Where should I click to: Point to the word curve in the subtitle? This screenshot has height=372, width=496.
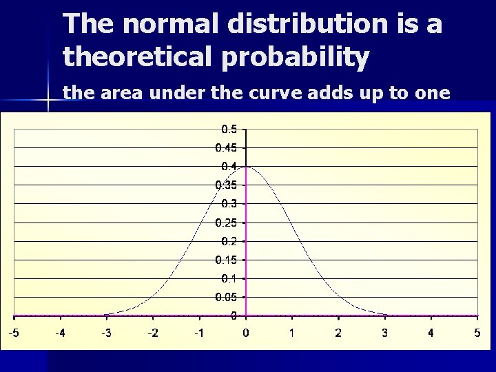click(x=302, y=92)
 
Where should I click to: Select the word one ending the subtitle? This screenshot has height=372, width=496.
click(x=431, y=92)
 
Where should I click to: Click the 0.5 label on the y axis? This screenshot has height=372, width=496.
click(x=229, y=129)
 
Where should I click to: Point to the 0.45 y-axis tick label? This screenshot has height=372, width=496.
click(x=227, y=147)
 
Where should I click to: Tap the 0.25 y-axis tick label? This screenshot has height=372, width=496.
click(x=227, y=223)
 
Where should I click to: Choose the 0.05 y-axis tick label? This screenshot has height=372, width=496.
click(x=227, y=297)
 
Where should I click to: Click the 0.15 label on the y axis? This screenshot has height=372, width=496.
click(x=227, y=260)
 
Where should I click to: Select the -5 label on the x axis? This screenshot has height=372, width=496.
click(x=13, y=333)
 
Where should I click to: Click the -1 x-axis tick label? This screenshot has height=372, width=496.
click(x=198, y=333)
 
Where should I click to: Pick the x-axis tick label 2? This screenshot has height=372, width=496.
click(x=338, y=333)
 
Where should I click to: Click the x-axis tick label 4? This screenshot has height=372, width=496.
click(x=431, y=333)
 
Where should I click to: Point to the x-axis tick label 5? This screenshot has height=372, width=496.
click(x=477, y=333)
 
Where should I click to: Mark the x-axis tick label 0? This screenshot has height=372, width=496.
click(x=245, y=333)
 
